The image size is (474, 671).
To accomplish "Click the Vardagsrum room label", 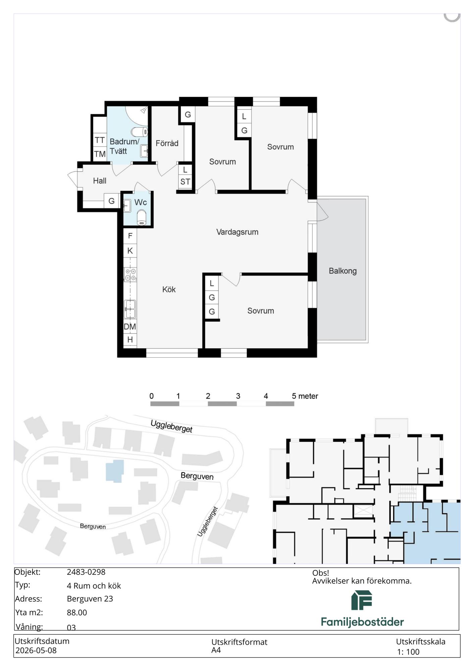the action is tap(237, 232).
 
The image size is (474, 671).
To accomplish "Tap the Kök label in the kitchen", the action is tap(169, 290).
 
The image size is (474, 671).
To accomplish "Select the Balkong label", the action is tap(343, 271).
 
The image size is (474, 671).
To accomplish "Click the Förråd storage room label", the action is tap(167, 143).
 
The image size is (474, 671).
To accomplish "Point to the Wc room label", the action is tap(141, 202).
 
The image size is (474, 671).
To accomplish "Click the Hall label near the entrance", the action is tap(100, 181).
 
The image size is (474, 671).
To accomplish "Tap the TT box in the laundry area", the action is tap(100, 140).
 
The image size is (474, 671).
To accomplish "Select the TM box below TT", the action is tap(100, 154).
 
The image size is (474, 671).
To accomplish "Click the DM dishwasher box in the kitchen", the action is tap(130, 326).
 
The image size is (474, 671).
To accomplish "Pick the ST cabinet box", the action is tap(185, 182).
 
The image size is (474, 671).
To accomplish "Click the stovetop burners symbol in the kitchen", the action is tap(130, 274).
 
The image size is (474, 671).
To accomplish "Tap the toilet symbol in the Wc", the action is tap(142, 217).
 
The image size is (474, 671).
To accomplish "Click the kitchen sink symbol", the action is tap(130, 309).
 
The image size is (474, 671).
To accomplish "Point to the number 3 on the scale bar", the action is tap(238, 396).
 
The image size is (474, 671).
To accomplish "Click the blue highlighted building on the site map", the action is tap(115, 471).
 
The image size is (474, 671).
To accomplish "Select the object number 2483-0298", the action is tap(86, 572).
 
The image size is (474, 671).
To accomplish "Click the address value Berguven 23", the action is tap(90, 599).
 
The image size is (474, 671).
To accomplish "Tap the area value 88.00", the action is tap(77, 613).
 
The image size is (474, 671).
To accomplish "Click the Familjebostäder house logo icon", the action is tap(362, 601).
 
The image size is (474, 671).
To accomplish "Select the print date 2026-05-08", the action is tap(36, 651).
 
